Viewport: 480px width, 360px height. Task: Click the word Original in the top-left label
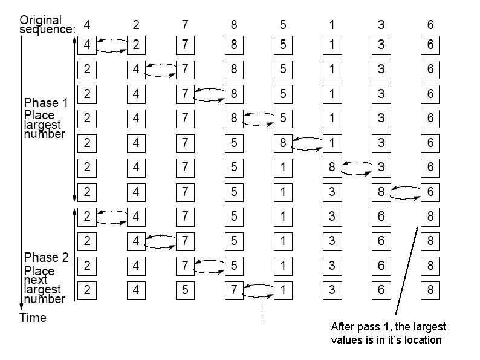[41, 20]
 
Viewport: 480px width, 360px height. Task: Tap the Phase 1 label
[46, 103]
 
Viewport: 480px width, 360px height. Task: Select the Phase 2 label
[46, 258]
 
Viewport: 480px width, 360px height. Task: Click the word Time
[33, 317]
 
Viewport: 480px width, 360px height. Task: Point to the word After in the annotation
[343, 327]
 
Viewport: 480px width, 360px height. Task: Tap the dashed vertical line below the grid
[262, 313]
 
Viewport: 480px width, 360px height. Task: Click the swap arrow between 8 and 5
[258, 119]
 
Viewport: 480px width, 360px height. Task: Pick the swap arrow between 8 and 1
[307, 143]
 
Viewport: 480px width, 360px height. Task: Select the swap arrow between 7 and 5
[209, 266]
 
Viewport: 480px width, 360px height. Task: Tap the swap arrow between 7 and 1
[258, 290]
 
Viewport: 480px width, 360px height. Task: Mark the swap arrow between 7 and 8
[209, 94]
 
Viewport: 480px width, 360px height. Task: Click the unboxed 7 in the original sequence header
[185, 25]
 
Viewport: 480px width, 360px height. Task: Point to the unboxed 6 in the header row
[430, 25]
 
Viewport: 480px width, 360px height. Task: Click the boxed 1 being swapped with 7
[283, 290]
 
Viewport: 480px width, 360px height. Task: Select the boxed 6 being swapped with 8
[430, 192]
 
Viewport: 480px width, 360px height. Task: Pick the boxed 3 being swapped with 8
[381, 168]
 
